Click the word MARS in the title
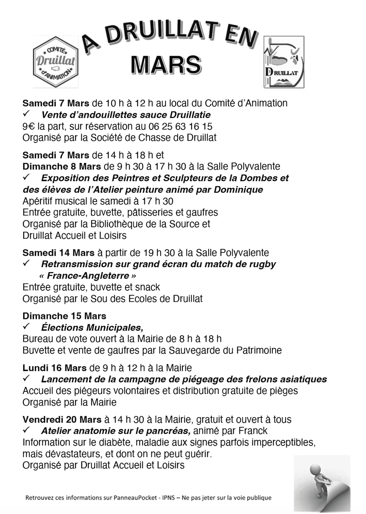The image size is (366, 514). pos(166,65)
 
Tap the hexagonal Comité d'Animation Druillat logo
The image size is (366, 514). pos(55,62)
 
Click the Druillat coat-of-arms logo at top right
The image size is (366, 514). pos(283,62)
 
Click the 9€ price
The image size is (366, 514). pos(28,126)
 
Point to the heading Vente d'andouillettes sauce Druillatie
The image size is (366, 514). pos(126,115)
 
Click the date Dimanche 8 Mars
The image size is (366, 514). pos(62,166)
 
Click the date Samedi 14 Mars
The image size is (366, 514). pos(58,253)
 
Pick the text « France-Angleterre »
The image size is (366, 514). pos(88,276)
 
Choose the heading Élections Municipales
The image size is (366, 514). pos(92,327)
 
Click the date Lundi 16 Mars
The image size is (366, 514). pos(54,368)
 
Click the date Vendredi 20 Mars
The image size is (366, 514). pos(62,419)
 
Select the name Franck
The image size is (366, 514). pos(253,431)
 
